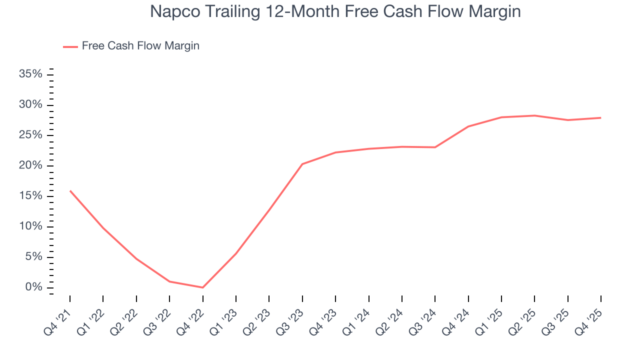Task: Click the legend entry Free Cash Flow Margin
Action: click(x=140, y=46)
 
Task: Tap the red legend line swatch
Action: click(x=70, y=46)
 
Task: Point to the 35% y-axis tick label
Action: click(x=31, y=74)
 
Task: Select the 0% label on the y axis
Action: click(x=34, y=287)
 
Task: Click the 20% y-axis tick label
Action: click(x=31, y=166)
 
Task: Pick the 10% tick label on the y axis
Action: click(x=31, y=226)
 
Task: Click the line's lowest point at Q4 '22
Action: click(x=202, y=287)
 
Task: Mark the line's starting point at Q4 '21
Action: click(x=70, y=190)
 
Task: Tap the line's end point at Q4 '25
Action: click(x=600, y=118)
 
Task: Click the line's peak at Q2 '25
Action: click(x=534, y=115)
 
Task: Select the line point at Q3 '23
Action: click(x=302, y=164)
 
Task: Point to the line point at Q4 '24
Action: click(x=468, y=126)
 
